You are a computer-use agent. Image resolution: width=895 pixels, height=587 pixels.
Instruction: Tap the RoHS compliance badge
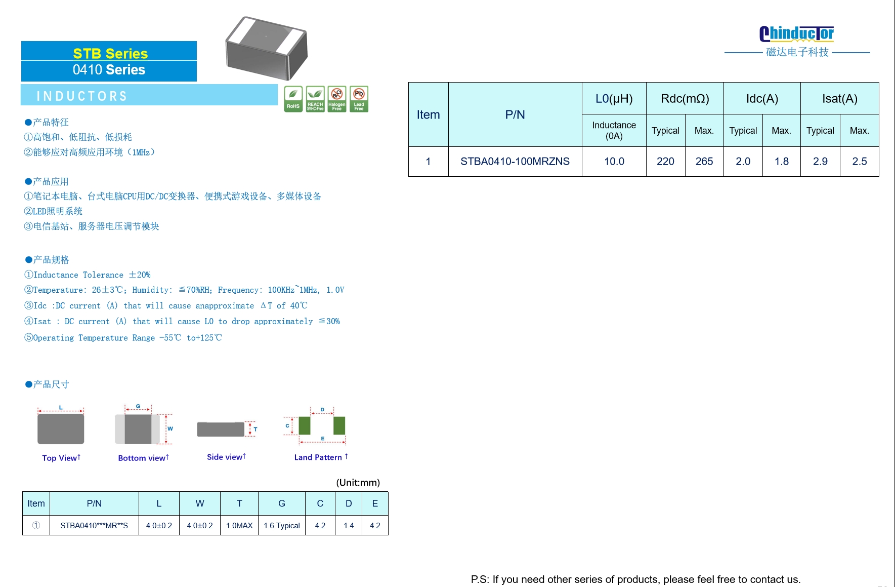point(293,99)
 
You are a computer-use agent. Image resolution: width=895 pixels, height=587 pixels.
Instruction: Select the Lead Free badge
point(359,99)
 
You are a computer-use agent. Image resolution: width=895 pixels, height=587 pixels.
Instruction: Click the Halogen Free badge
point(337,99)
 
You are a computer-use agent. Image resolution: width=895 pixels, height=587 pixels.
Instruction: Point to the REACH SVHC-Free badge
point(315,99)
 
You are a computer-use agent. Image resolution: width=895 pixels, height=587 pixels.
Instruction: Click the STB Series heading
point(110,53)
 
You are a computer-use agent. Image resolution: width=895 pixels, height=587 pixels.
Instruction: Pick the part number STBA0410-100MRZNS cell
point(515,161)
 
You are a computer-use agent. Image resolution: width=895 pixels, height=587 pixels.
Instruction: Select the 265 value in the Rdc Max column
point(704,161)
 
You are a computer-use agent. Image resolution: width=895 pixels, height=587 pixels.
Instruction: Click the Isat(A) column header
point(840,98)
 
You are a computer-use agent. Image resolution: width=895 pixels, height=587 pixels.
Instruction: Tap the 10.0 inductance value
point(614,161)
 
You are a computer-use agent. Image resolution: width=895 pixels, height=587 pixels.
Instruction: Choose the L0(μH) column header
point(614,98)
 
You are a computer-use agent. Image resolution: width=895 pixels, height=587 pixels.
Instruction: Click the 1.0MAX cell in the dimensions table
point(239,525)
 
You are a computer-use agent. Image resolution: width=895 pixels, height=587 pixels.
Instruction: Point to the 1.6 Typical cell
point(282,525)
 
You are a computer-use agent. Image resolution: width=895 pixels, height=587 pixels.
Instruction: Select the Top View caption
point(61,458)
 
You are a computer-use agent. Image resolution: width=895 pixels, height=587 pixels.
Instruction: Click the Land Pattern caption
point(321,457)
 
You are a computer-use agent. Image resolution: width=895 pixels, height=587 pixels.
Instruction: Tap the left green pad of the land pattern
point(305,425)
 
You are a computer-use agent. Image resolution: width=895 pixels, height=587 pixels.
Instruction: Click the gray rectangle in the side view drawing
point(221,429)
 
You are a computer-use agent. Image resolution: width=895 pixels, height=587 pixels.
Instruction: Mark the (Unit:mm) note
point(358,482)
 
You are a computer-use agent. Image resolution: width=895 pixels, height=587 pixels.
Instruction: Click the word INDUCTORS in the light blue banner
point(82,96)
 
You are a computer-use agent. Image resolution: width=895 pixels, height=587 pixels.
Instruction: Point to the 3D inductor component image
point(267,48)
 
